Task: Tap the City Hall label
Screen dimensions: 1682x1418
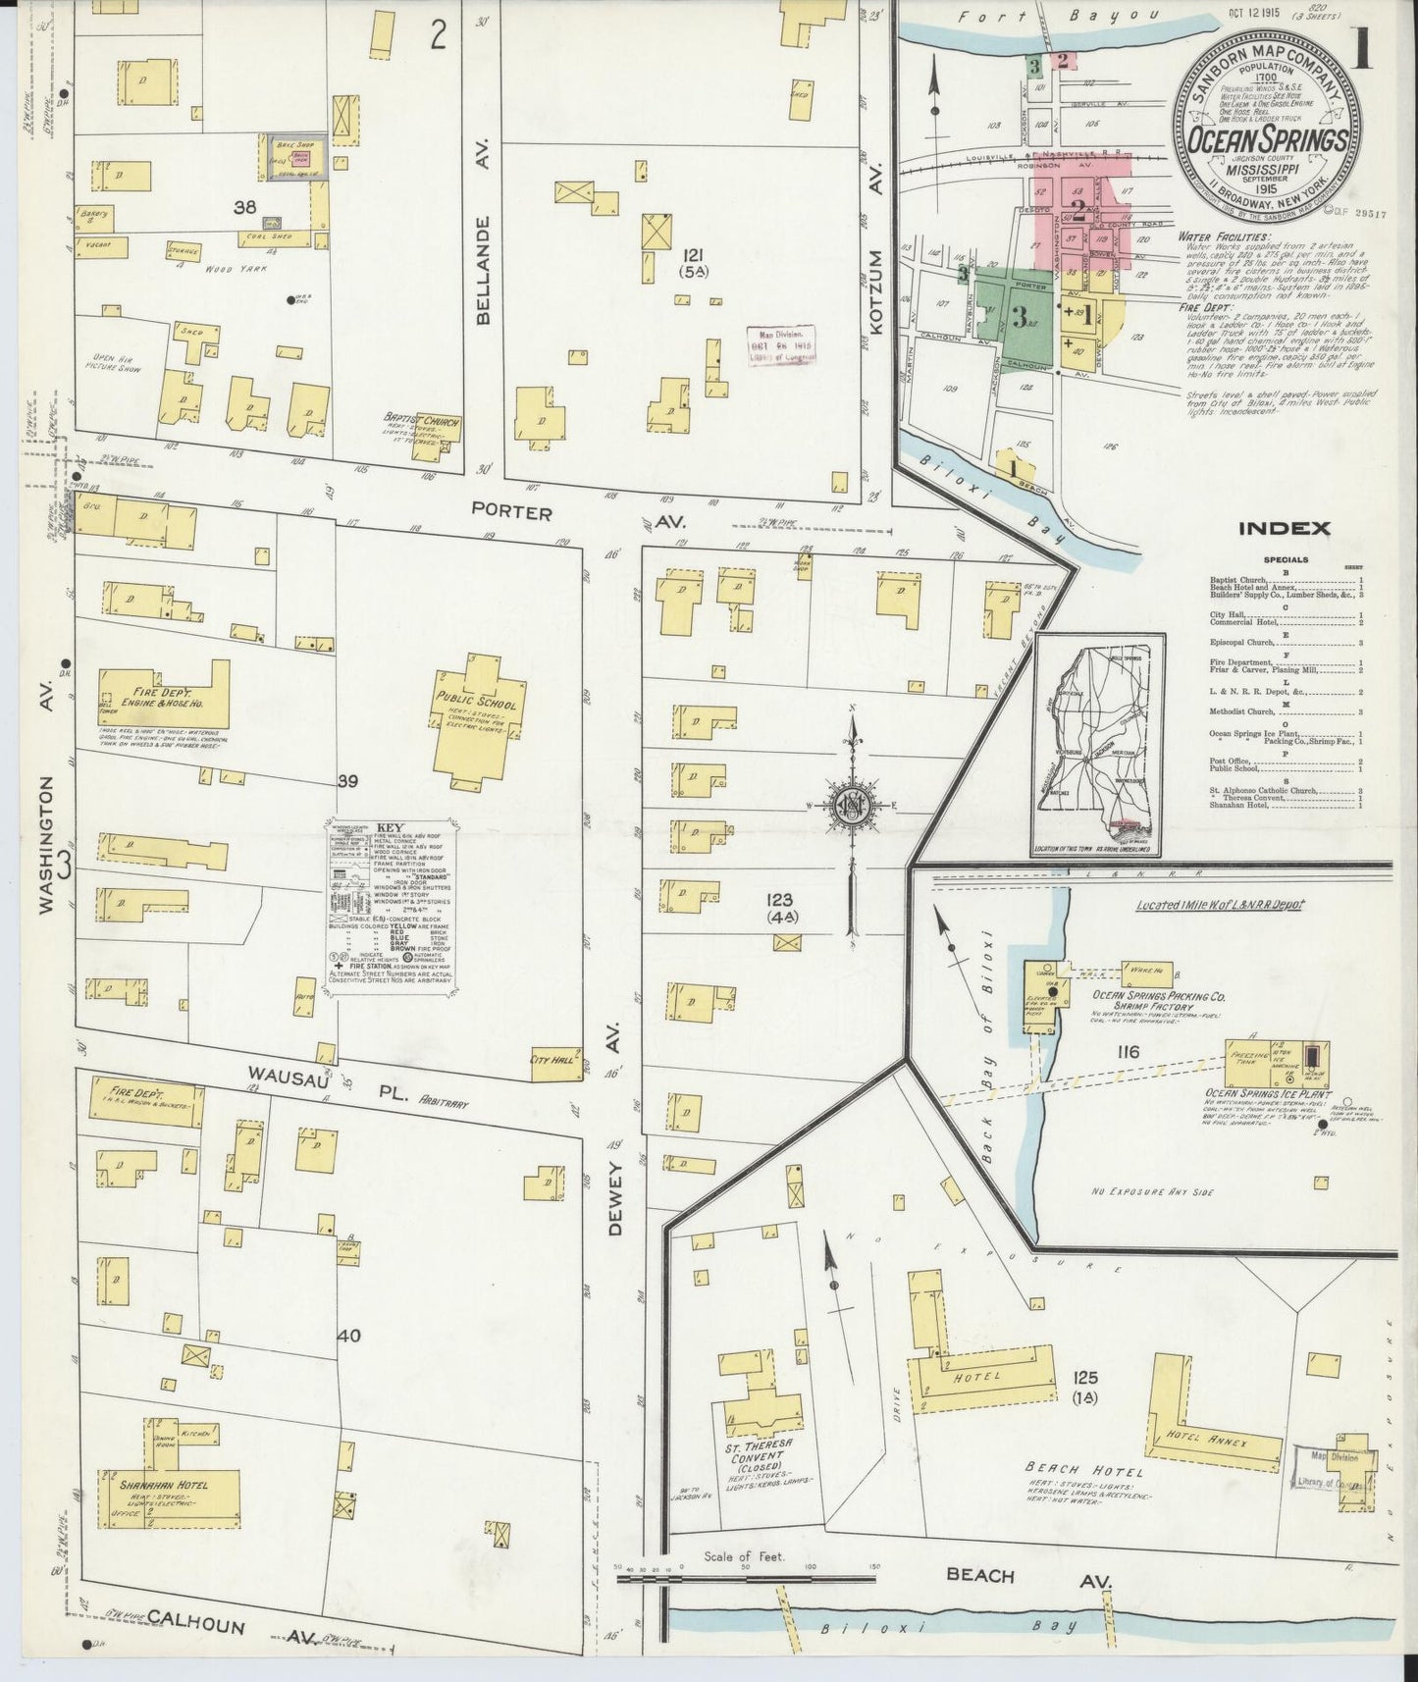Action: coord(549,1060)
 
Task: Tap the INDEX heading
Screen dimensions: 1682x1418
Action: coord(1284,529)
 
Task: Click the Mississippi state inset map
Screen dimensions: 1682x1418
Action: coord(1096,745)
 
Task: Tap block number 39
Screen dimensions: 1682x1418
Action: coord(346,782)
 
